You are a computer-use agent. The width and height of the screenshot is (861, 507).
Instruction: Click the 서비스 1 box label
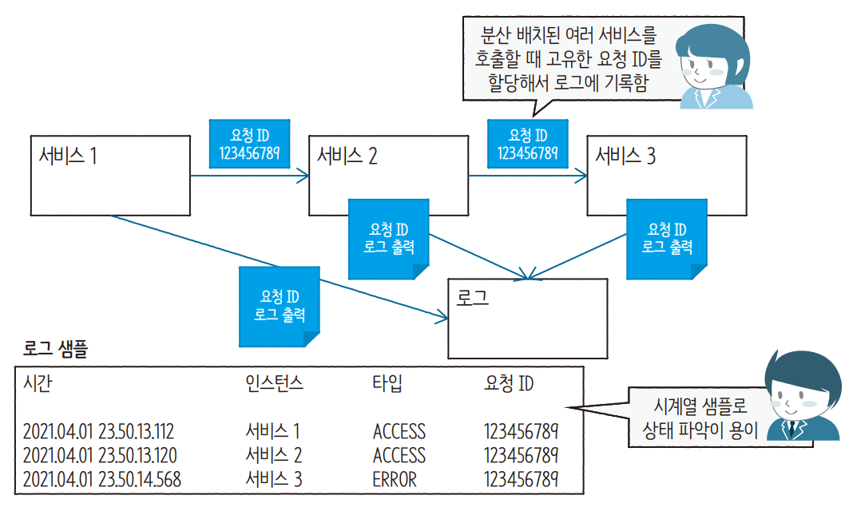point(68,156)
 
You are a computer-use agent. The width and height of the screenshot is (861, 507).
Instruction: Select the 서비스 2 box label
point(347,156)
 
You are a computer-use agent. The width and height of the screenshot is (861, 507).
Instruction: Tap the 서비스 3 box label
point(625,156)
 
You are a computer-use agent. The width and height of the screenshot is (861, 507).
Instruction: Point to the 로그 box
point(527,318)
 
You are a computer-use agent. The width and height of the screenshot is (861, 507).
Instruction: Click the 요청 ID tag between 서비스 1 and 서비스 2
point(248,145)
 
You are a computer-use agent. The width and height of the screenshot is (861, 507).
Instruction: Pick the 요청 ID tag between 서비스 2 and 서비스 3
point(527,145)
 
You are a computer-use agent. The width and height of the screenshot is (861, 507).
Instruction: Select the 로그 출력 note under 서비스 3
point(666,239)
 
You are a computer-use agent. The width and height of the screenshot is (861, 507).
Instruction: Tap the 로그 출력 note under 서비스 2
point(388,239)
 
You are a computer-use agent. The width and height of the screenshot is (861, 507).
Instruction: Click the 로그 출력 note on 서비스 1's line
point(280,306)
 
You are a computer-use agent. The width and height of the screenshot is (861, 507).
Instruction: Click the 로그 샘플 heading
point(55,349)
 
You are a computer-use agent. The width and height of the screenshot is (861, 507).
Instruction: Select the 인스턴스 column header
point(275,384)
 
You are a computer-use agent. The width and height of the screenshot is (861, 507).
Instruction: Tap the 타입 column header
point(387,384)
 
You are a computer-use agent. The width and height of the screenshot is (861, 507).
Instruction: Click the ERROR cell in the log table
point(395,479)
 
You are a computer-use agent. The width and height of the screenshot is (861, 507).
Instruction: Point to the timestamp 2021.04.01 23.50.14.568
point(102,479)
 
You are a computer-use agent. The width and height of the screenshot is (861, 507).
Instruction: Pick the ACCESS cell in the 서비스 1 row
point(399,432)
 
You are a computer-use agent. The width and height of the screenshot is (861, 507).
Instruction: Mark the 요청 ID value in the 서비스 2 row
point(521,456)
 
